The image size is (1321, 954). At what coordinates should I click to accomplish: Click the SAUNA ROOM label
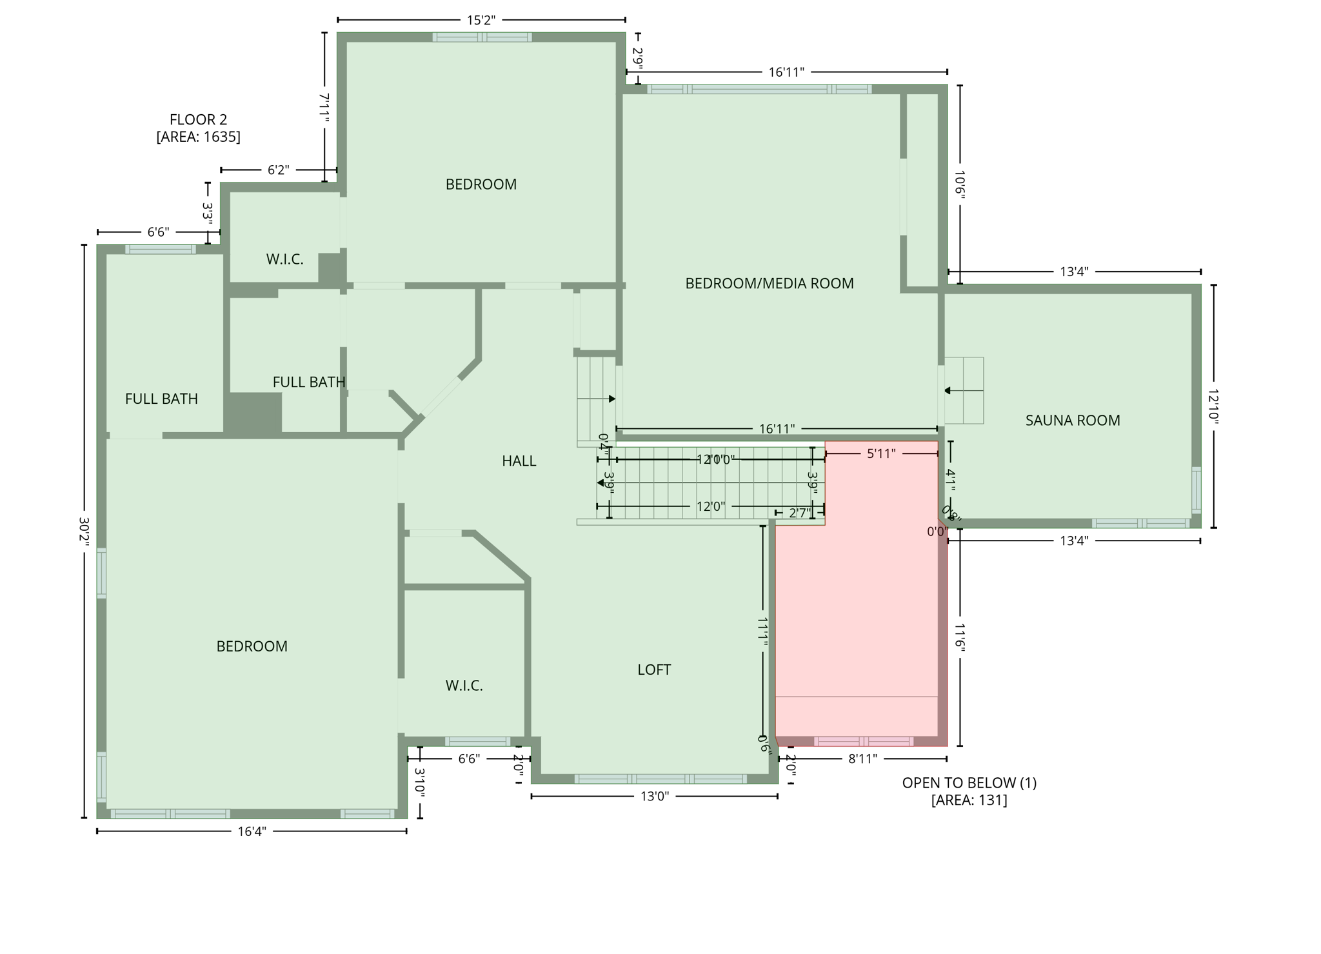click(1072, 421)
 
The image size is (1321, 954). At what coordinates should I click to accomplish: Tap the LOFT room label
click(653, 670)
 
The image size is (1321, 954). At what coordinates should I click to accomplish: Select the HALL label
click(519, 461)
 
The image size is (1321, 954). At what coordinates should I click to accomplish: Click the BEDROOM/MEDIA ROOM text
click(769, 283)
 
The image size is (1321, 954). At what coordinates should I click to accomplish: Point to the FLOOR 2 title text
click(198, 119)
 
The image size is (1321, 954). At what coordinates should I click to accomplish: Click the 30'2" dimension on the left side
click(84, 532)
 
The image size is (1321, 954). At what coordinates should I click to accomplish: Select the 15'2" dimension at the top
click(481, 20)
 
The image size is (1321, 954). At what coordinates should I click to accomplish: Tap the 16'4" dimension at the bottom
click(252, 831)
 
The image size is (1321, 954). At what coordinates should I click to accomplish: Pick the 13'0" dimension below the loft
click(654, 797)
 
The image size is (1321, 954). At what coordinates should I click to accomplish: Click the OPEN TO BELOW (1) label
click(969, 783)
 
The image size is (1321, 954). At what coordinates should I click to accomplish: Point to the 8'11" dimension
click(862, 759)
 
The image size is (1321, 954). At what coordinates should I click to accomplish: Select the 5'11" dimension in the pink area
click(880, 453)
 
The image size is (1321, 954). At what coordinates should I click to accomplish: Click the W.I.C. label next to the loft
click(464, 686)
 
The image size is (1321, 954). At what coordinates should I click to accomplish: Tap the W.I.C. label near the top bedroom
click(284, 259)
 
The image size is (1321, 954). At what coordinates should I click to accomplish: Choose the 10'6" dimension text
click(960, 184)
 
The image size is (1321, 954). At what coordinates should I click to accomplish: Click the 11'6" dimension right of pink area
click(960, 638)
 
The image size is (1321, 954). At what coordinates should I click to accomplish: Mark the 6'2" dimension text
click(278, 170)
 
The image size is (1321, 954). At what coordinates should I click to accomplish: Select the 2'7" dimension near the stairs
click(799, 513)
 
